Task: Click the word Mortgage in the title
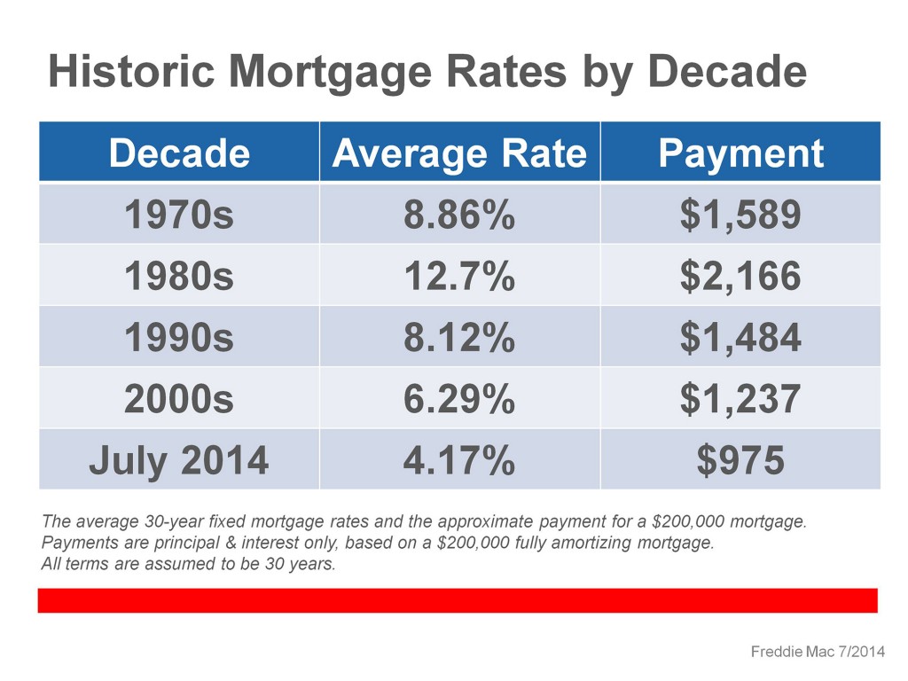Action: (x=331, y=73)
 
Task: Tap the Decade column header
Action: (x=179, y=153)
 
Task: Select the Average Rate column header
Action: (x=460, y=153)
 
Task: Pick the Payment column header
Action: (x=740, y=154)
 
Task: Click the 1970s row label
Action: (x=179, y=215)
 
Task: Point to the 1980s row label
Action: (x=179, y=276)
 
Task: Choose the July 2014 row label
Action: (x=179, y=461)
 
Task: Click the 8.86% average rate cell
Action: (x=459, y=215)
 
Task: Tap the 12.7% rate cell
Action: (x=459, y=276)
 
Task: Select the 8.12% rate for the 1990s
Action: (x=459, y=337)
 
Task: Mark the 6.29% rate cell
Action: (x=459, y=399)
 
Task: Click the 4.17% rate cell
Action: (x=459, y=460)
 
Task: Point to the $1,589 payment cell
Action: (x=740, y=215)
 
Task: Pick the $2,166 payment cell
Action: (x=740, y=276)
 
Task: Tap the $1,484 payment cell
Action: (x=740, y=337)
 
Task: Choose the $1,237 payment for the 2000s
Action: (x=740, y=399)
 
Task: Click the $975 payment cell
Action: (x=740, y=460)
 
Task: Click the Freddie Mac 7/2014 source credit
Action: (x=818, y=652)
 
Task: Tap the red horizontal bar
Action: (x=458, y=600)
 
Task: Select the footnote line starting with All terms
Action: (x=189, y=563)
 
